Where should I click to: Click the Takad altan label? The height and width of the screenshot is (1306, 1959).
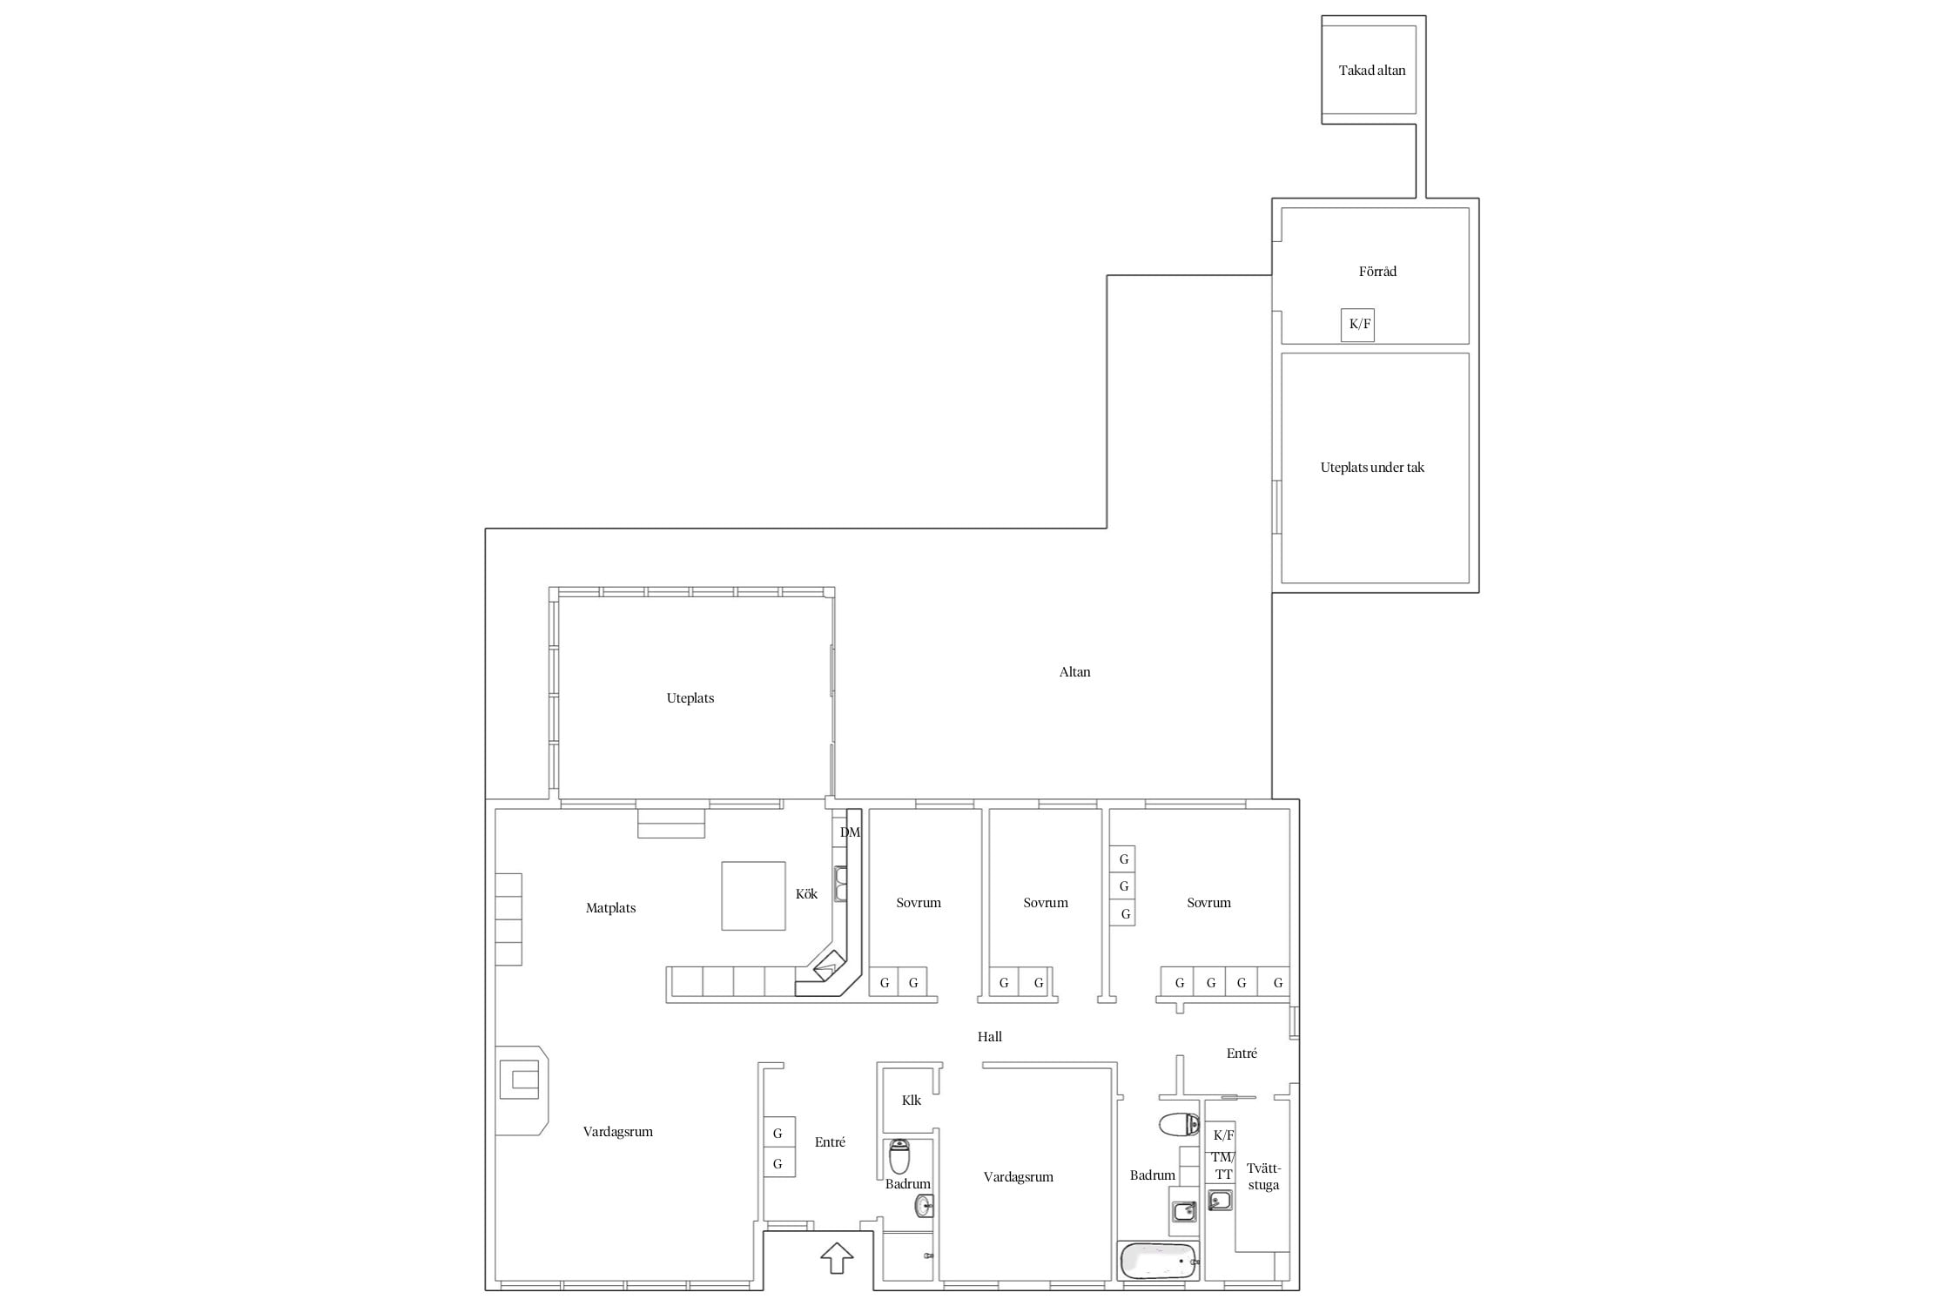[1372, 71]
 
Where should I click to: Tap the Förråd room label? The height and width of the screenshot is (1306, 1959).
[1377, 272]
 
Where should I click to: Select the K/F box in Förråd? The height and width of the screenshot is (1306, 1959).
[1358, 325]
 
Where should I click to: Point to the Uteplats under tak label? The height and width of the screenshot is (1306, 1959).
[1372, 468]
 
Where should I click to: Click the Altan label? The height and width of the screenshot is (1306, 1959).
[1074, 672]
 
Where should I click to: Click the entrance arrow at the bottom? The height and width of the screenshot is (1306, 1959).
[837, 1258]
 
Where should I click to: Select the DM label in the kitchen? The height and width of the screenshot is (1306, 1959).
[850, 832]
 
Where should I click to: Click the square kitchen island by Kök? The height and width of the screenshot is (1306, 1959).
[753, 896]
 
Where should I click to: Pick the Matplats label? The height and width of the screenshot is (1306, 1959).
[610, 908]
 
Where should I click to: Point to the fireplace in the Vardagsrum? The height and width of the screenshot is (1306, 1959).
[522, 1091]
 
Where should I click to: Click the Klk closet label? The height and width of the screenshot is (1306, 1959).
[911, 1101]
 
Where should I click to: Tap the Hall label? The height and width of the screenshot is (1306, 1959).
[989, 1037]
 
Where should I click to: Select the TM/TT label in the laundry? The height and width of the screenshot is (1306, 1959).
[1223, 1166]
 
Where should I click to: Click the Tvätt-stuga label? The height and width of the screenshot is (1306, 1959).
[1263, 1177]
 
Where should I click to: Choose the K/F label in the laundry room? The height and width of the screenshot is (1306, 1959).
[1223, 1135]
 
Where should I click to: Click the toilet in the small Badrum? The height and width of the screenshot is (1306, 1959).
[899, 1157]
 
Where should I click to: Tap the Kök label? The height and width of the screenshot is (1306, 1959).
[806, 894]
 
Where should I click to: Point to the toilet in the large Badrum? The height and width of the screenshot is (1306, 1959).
[1180, 1124]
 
